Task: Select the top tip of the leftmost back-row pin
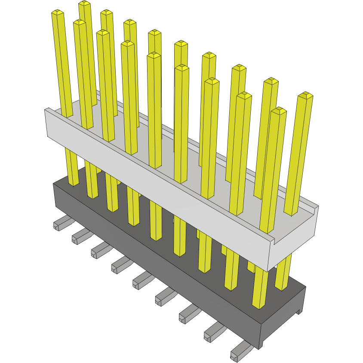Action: coord(85,3)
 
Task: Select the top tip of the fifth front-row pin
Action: coord(154,55)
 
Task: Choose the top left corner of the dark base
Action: coord(54,184)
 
